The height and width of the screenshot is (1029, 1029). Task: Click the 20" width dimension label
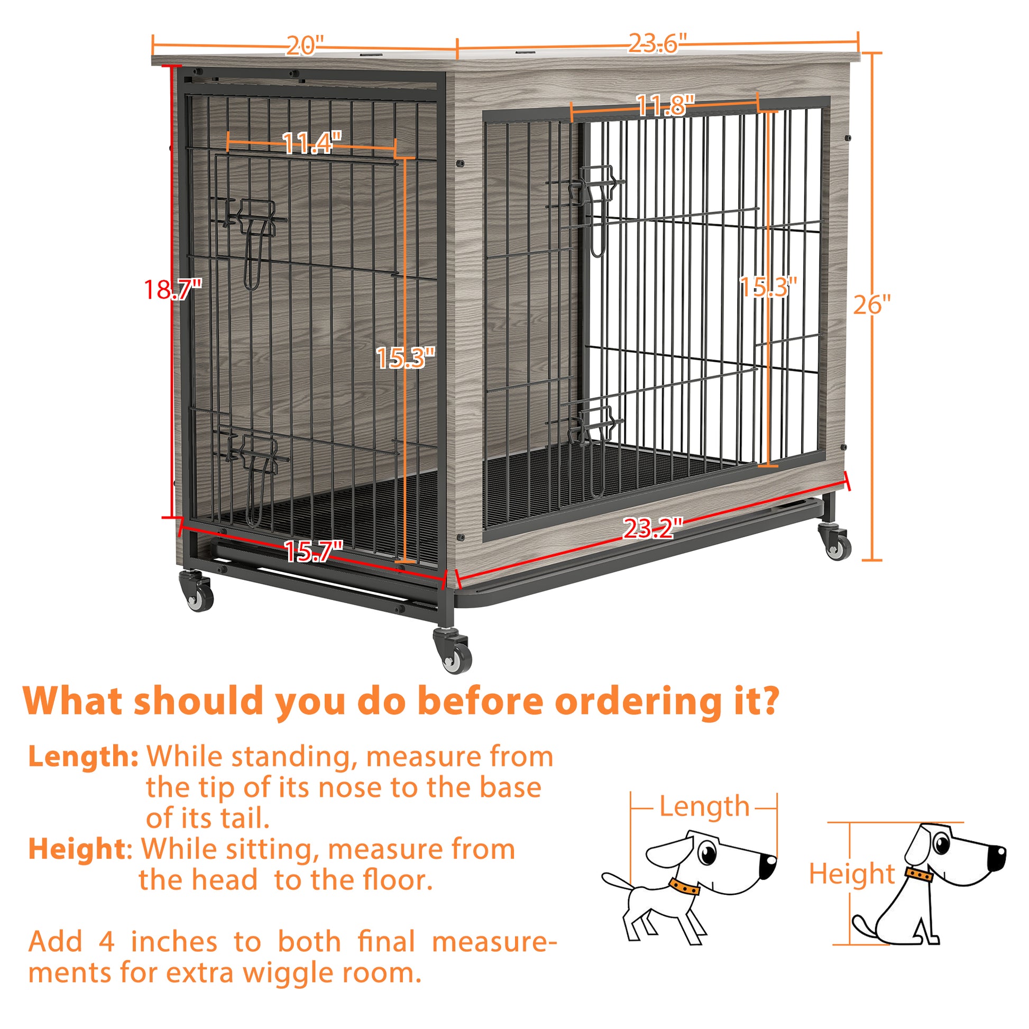pyautogui.click(x=305, y=46)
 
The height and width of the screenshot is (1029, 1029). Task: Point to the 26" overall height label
pyautogui.click(x=872, y=305)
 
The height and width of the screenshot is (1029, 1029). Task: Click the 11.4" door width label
pyautogui.click(x=311, y=143)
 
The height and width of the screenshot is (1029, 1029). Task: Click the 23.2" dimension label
pyautogui.click(x=653, y=528)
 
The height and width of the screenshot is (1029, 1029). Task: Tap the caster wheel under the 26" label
pyautogui.click(x=836, y=544)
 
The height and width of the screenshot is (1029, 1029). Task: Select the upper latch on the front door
pyautogui.click(x=256, y=220)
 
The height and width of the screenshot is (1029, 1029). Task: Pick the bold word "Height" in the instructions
pyautogui.click(x=77, y=849)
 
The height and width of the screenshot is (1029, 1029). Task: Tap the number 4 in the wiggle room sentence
pyautogui.click(x=106, y=942)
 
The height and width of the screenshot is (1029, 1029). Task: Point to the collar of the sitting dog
pyautogui.click(x=919, y=875)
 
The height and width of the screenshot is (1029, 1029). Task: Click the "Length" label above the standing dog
pyautogui.click(x=704, y=806)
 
